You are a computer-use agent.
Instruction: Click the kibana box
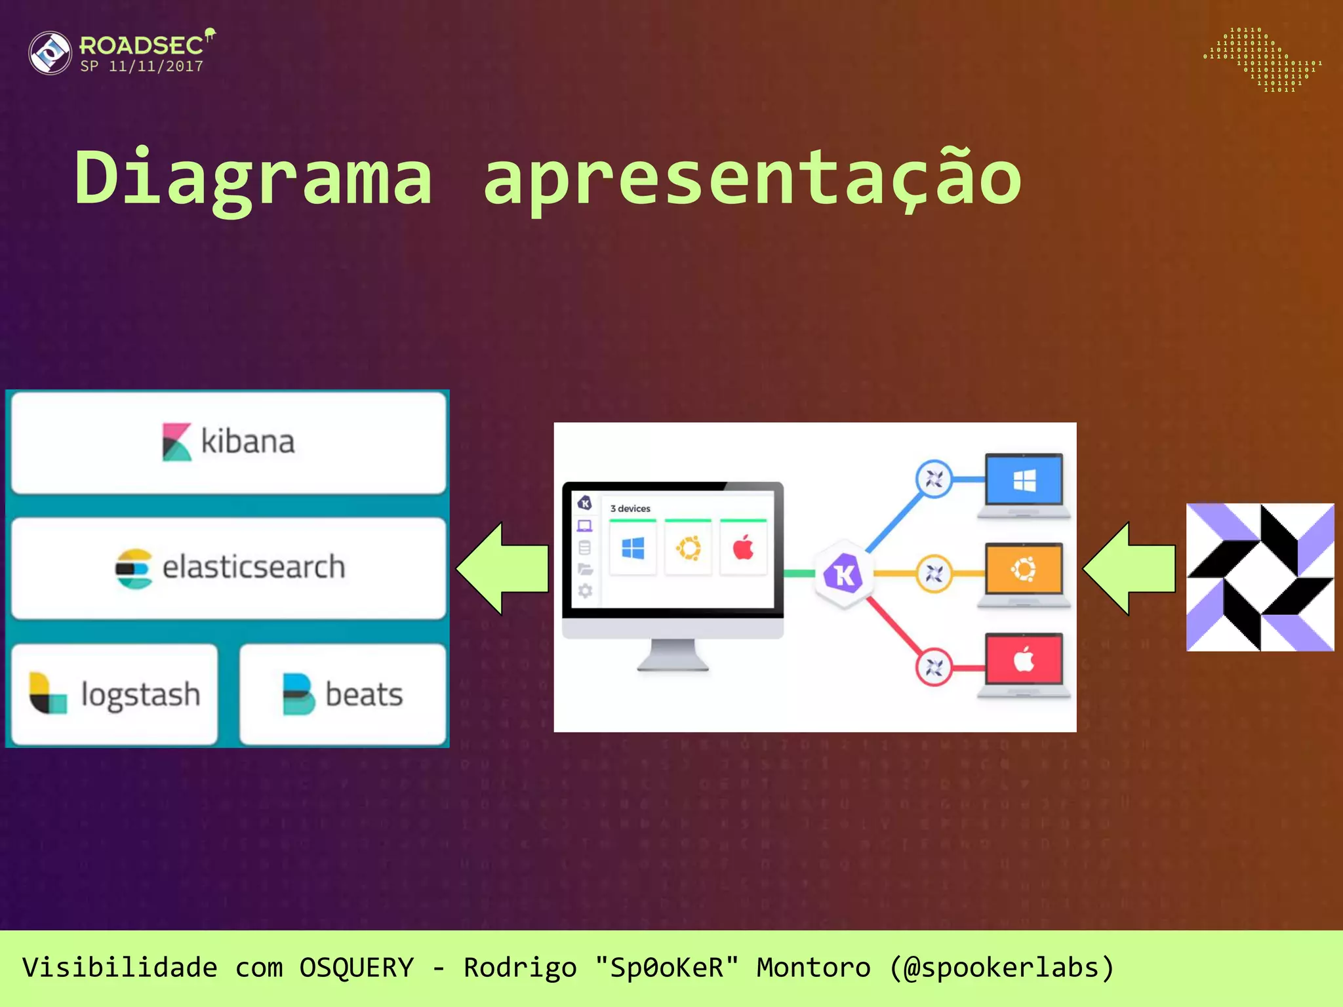point(228,442)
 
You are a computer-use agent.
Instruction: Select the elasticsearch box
point(228,568)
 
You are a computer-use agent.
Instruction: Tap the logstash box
point(114,694)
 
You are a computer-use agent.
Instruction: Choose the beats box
point(342,694)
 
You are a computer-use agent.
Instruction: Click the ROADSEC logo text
point(141,45)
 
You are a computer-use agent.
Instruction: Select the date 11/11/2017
point(156,67)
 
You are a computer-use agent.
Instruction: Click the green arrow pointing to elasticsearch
point(502,568)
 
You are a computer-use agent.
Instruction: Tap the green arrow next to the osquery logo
point(1129,568)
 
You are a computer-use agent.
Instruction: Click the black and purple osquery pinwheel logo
point(1260,577)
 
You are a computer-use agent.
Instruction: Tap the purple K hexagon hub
point(843,574)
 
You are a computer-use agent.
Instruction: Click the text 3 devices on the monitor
point(630,509)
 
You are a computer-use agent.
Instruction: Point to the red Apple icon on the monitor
point(743,547)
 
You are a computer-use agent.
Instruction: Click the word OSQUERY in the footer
point(356,968)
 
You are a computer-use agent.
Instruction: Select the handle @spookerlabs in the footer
point(1001,968)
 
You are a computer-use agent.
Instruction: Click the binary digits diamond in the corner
point(1262,60)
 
